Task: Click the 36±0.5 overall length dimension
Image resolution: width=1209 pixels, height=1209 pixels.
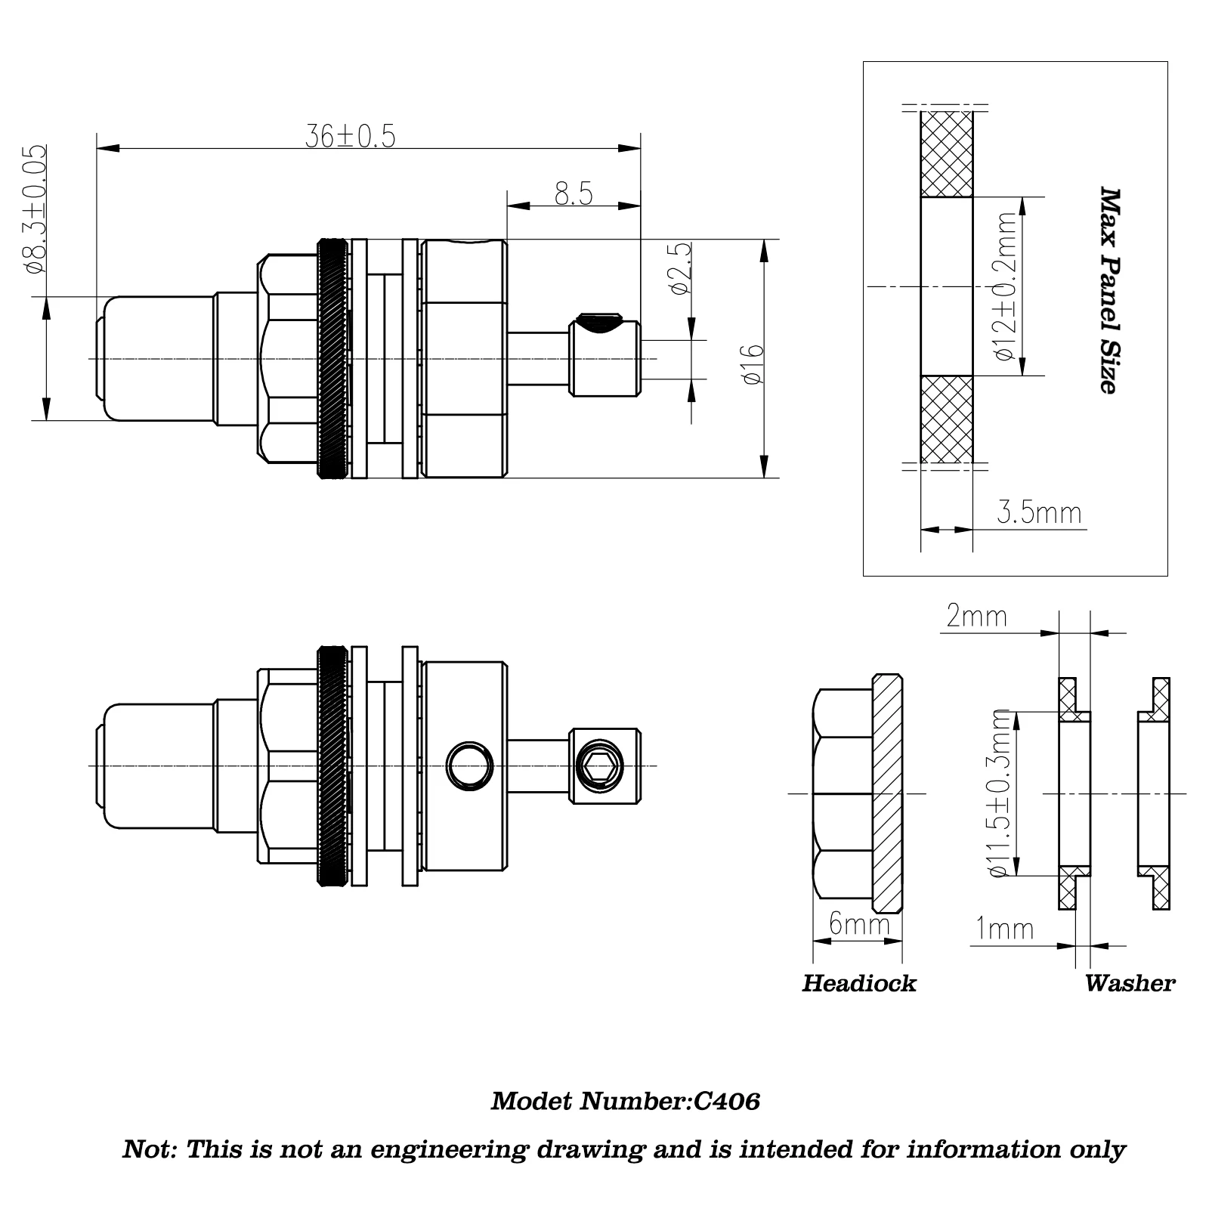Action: click(x=350, y=136)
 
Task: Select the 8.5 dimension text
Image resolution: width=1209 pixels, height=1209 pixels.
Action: click(x=574, y=193)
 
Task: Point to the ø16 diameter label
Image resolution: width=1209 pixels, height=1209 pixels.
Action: click(x=753, y=364)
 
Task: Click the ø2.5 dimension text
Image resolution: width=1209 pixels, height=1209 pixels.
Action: click(x=679, y=269)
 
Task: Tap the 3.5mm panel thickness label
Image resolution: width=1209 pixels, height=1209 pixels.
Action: click(x=1039, y=512)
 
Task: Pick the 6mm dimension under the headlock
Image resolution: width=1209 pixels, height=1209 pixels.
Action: click(x=858, y=923)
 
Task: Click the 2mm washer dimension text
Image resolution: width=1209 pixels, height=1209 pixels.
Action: click(x=976, y=617)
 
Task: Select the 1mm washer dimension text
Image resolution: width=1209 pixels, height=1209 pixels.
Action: click(x=1004, y=928)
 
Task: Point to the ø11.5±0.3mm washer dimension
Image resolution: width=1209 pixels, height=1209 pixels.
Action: click(x=1000, y=793)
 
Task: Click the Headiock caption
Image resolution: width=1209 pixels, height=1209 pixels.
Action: click(x=858, y=983)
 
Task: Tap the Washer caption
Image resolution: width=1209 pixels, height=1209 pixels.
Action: click(x=1129, y=983)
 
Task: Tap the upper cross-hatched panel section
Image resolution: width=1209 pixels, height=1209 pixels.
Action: click(x=946, y=154)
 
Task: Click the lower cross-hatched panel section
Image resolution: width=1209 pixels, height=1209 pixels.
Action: click(x=946, y=419)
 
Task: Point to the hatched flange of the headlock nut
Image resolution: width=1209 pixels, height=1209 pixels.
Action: click(x=887, y=793)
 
